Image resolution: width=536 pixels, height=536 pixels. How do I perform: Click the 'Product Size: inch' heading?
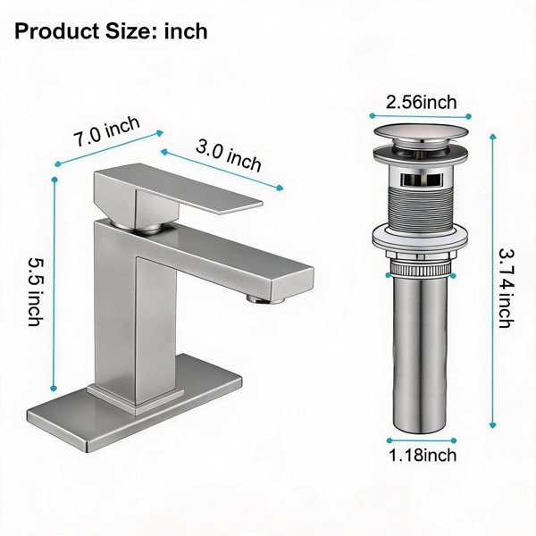(x=111, y=31)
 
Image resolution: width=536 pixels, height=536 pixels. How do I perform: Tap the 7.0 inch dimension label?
(x=107, y=131)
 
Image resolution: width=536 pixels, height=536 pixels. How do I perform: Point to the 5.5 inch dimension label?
(x=36, y=291)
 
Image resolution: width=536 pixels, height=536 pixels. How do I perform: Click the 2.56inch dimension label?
(x=421, y=102)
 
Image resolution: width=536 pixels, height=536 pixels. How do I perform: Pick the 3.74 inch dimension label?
(x=507, y=289)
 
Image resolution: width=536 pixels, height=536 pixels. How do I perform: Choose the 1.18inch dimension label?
(x=423, y=455)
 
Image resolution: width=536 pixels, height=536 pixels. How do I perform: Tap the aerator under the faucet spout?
(x=265, y=299)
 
